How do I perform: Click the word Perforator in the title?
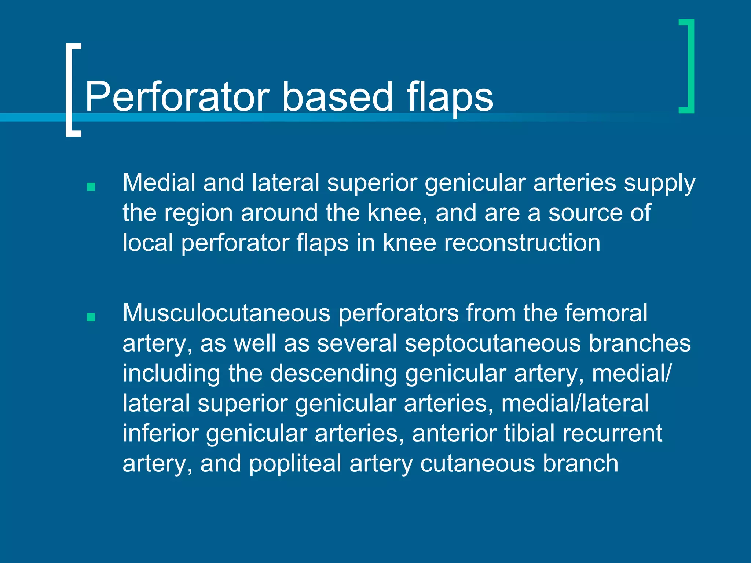(177, 97)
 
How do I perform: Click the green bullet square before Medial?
(91, 187)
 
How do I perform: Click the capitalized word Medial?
(159, 183)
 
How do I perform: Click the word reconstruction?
(522, 243)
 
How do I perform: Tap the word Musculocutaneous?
(226, 313)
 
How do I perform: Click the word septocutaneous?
(492, 343)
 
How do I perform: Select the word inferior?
(160, 434)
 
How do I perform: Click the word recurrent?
(612, 434)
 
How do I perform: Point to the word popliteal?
(295, 464)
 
